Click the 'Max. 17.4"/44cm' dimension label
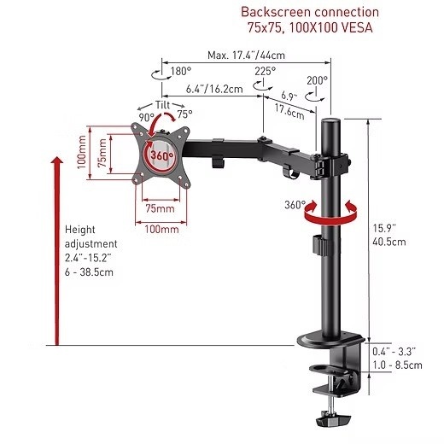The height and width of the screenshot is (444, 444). pyautogui.click(x=246, y=55)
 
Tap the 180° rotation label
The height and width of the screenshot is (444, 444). pyautogui.click(x=181, y=71)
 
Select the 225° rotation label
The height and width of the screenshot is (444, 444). pyautogui.click(x=265, y=71)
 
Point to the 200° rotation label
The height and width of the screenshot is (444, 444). pyautogui.click(x=317, y=80)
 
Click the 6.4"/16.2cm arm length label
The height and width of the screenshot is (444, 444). pyautogui.click(x=214, y=89)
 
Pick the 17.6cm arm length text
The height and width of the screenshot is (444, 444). pyautogui.click(x=289, y=111)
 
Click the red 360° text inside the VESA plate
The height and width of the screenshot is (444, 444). pyautogui.click(x=161, y=155)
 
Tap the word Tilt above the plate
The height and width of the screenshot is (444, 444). pyautogui.click(x=162, y=105)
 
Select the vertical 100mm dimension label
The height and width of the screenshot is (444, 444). pyautogui.click(x=82, y=152)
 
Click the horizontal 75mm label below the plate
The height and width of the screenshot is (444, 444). pyautogui.click(x=160, y=208)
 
